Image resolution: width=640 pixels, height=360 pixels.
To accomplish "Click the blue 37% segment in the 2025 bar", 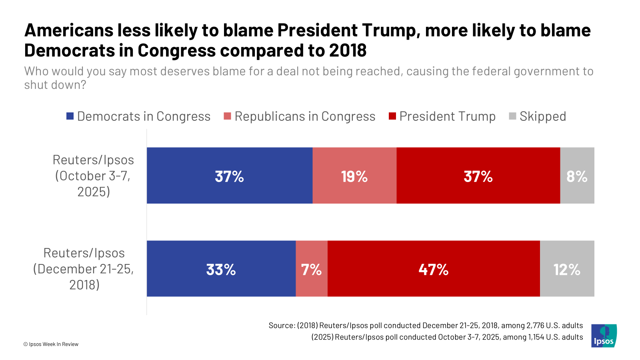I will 229,176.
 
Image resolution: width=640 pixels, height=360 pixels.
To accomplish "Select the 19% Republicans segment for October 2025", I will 354,176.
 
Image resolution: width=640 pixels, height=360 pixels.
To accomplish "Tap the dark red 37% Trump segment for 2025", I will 478,176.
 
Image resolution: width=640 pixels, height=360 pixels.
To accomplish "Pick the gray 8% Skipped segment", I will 577,176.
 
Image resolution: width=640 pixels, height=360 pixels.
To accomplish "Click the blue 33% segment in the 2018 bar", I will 221,269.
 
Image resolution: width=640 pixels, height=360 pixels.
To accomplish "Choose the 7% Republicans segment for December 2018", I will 311,269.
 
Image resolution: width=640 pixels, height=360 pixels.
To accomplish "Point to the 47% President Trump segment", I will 434,269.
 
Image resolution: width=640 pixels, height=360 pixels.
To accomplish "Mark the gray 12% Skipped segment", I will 567,269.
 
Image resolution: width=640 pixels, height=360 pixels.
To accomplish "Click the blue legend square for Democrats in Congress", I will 70,116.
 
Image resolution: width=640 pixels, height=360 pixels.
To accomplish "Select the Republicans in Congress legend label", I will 305,116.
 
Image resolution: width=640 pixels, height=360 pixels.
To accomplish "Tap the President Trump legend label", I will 447,116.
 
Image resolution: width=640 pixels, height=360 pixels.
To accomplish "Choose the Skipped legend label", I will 542,116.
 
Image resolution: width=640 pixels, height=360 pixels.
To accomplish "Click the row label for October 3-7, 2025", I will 93,176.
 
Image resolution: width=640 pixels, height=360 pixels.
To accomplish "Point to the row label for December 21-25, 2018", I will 84,269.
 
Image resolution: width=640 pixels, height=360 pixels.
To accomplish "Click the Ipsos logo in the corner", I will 604,336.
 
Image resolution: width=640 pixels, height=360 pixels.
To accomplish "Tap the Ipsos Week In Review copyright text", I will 51,344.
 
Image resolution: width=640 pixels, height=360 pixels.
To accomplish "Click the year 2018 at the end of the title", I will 348,50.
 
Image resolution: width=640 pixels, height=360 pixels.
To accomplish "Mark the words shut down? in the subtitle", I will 55,85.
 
